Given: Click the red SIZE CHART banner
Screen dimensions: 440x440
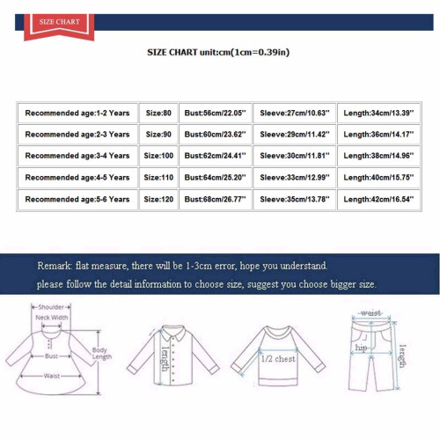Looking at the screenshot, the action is pyautogui.click(x=59, y=26).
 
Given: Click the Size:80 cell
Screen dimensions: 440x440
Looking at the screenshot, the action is pyautogui.click(x=158, y=113).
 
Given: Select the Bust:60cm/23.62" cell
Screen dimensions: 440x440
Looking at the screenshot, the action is pyautogui.click(x=216, y=135).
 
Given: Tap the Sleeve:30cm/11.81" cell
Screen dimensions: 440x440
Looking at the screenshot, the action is pyautogui.click(x=295, y=156).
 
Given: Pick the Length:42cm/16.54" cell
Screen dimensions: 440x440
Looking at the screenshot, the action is pyautogui.click(x=378, y=200).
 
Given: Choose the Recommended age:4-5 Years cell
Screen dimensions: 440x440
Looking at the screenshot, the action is pyautogui.click(x=77, y=178).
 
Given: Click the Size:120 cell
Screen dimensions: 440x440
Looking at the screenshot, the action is pyautogui.click(x=158, y=200).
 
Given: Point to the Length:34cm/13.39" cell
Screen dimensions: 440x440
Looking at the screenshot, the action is pyautogui.click(x=378, y=113).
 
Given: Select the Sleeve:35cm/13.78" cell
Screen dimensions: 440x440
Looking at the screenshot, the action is pyautogui.click(x=295, y=200).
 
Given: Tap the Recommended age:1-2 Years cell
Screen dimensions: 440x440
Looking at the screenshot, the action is pyautogui.click(x=77, y=113).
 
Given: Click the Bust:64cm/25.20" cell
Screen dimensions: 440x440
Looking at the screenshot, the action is pyautogui.click(x=216, y=178).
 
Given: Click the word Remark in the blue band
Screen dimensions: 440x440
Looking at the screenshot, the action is pyautogui.click(x=55, y=266).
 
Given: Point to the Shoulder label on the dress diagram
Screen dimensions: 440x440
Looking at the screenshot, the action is pyautogui.click(x=51, y=307).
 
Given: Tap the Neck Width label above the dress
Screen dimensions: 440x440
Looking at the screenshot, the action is pyautogui.click(x=52, y=318).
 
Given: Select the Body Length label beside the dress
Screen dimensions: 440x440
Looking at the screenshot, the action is pyautogui.click(x=102, y=354).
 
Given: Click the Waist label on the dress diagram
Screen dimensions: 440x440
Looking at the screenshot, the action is pyautogui.click(x=52, y=376).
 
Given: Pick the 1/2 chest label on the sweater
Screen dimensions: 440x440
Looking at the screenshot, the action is pyautogui.click(x=278, y=359).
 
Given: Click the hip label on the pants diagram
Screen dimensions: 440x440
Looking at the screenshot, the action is pyautogui.click(x=361, y=348).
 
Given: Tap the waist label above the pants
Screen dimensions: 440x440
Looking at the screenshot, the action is pyautogui.click(x=371, y=313).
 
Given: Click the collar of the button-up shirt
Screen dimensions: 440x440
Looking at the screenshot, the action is pyautogui.click(x=173, y=333).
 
